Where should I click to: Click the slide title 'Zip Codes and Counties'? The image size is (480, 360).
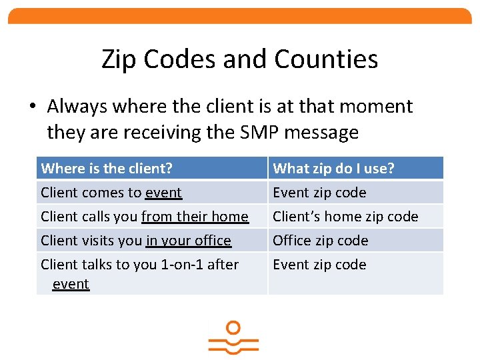tap(239, 59)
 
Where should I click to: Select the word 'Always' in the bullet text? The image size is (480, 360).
tap(79, 107)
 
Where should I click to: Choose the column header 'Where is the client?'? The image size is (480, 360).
tap(107, 169)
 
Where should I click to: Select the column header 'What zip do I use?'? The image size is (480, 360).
tap(333, 169)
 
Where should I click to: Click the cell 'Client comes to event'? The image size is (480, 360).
tap(111, 193)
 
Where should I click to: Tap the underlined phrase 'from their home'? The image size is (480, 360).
tap(195, 217)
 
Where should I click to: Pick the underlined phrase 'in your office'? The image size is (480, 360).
tap(188, 241)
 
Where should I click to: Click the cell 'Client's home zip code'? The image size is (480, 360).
tap(345, 217)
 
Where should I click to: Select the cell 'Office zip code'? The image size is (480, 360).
tap(321, 241)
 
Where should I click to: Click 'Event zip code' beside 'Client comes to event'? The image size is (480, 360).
tap(319, 193)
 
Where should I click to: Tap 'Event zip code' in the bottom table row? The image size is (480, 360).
tap(319, 265)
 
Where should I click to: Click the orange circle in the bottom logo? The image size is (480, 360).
tap(233, 328)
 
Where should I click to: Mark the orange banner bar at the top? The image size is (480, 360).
tap(239, 16)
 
